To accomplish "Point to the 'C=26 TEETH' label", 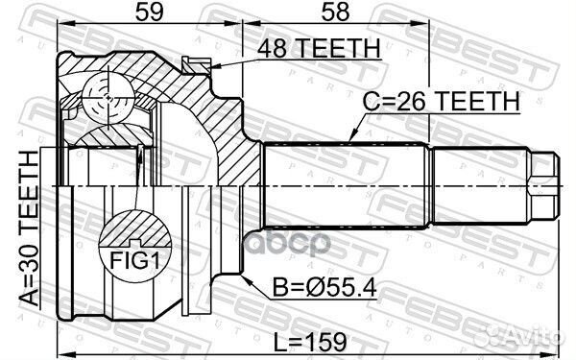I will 442,100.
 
